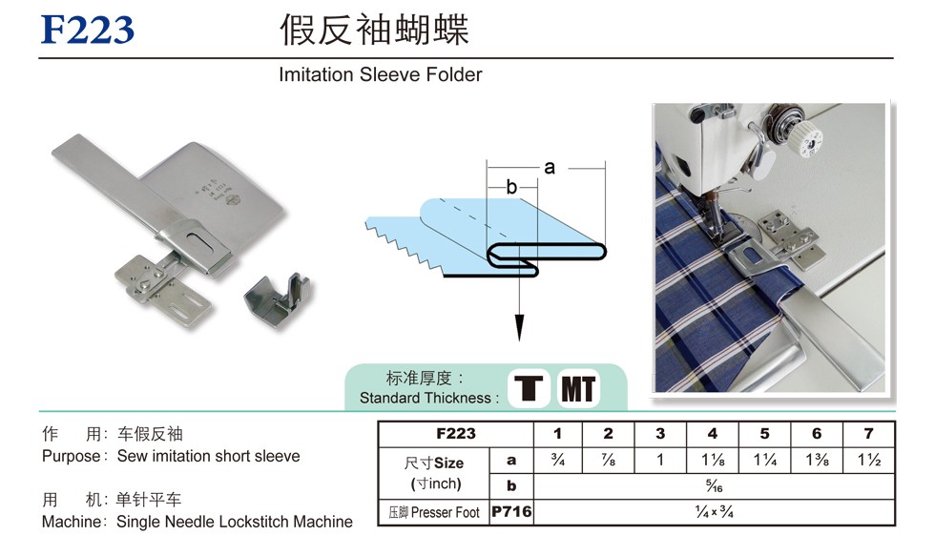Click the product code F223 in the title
87,31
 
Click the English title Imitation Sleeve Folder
381,74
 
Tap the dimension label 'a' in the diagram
550,167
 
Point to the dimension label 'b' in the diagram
511,188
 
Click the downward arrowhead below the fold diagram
519,328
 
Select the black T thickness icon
530,388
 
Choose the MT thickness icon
578,388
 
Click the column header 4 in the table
713,434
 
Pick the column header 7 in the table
868,434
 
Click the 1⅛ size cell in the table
713,461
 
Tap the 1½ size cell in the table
868,461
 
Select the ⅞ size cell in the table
609,461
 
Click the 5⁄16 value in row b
713,486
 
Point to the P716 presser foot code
511,512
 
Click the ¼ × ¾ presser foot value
713,512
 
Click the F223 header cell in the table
455,434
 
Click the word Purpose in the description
71,457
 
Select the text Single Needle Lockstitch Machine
234,522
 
